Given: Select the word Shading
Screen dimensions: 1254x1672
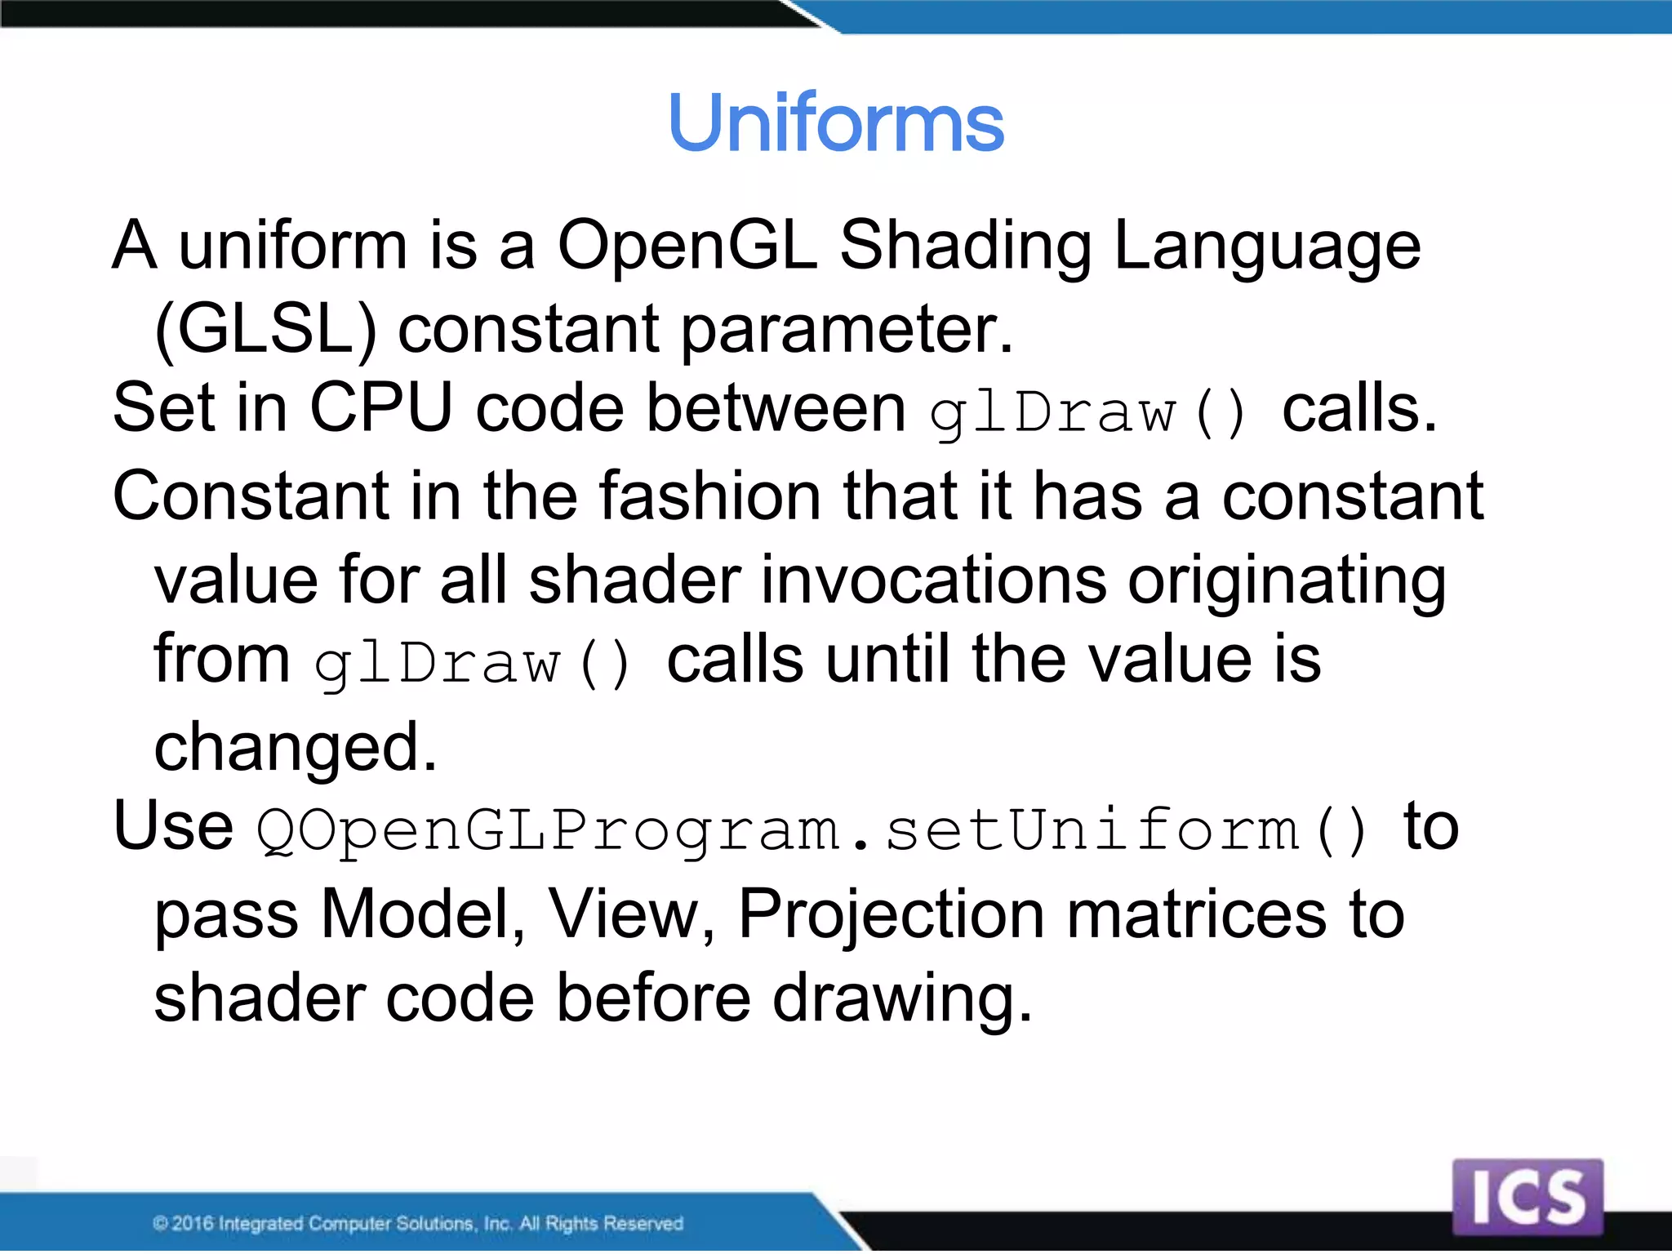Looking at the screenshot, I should click(x=966, y=247).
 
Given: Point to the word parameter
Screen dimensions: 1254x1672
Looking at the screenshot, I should click(x=847, y=331).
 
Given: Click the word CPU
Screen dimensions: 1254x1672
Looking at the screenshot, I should click(x=380, y=407).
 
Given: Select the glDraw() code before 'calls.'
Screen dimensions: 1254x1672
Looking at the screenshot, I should click(x=1089, y=412).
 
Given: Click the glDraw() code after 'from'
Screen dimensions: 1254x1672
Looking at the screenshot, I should click(x=474, y=663).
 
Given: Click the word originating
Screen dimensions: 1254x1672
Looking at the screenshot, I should click(x=1287, y=581).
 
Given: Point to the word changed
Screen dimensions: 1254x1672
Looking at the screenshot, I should click(x=296, y=748).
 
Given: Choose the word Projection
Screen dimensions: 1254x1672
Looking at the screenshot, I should click(x=891, y=915).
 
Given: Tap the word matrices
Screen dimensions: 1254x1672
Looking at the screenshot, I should click(x=1197, y=914).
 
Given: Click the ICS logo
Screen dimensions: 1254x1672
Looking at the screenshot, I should click(x=1527, y=1197).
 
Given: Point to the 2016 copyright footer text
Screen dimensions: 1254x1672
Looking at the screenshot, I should click(x=417, y=1223).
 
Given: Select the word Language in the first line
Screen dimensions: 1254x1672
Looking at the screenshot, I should click(x=1267, y=247).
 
